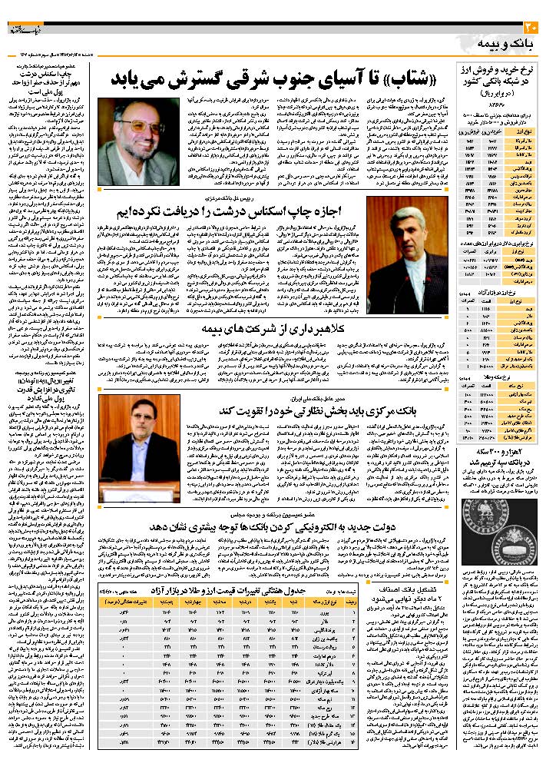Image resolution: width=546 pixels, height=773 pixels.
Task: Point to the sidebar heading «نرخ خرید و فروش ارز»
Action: (x=500, y=70)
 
